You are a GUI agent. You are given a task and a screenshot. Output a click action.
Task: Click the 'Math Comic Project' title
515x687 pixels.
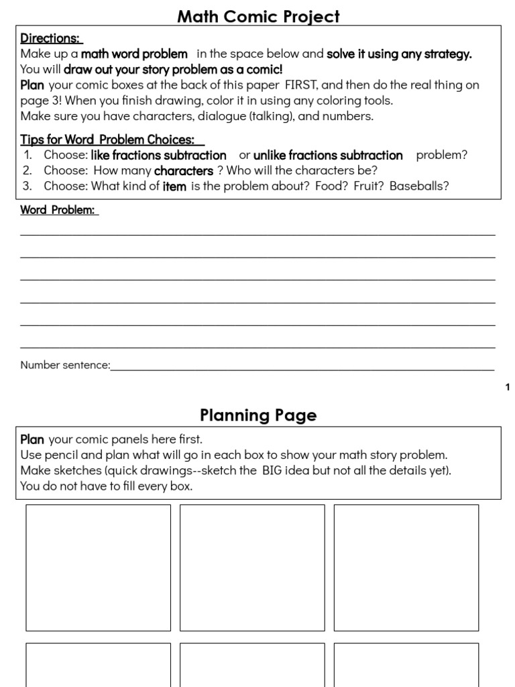(x=258, y=16)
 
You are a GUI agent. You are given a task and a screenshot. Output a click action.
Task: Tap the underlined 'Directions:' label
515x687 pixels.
(x=50, y=39)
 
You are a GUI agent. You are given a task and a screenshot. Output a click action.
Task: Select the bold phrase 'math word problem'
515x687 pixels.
(x=134, y=54)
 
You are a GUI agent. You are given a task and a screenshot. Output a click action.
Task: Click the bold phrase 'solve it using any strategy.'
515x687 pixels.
(x=399, y=54)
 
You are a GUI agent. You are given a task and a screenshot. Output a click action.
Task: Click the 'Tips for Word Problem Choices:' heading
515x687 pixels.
(x=111, y=140)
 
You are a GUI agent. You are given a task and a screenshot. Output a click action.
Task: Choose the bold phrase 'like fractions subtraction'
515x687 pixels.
(x=158, y=156)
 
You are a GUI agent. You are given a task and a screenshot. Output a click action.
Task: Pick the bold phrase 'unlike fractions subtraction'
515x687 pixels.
(x=328, y=156)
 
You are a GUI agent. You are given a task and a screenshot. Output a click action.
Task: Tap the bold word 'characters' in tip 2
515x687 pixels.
(x=183, y=171)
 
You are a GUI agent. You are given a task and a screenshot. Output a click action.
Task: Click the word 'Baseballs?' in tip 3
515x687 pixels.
(x=419, y=187)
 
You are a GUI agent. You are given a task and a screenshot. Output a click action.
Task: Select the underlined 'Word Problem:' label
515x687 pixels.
(x=58, y=210)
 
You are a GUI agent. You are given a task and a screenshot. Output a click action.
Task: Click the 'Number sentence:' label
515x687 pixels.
(x=65, y=366)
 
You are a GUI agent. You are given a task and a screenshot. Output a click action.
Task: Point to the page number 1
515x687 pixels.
(x=508, y=387)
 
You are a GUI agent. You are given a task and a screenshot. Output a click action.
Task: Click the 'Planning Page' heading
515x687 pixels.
(x=258, y=415)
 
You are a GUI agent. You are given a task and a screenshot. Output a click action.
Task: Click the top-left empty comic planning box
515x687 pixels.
(x=98, y=568)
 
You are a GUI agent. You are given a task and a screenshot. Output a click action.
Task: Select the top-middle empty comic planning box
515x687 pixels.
(x=252, y=568)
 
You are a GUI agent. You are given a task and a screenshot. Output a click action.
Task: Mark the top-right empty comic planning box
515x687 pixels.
(x=406, y=568)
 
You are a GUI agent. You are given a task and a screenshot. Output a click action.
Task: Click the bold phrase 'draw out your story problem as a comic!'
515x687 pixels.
(x=173, y=70)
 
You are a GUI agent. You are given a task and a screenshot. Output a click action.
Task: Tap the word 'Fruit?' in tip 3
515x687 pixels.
(x=367, y=187)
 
